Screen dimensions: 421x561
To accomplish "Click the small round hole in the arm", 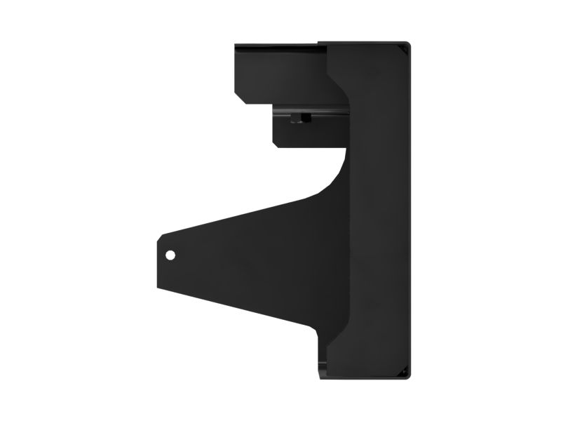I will point(169,255).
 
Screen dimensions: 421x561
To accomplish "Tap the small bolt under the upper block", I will point(302,118).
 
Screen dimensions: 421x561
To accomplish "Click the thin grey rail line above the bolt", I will point(309,109).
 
